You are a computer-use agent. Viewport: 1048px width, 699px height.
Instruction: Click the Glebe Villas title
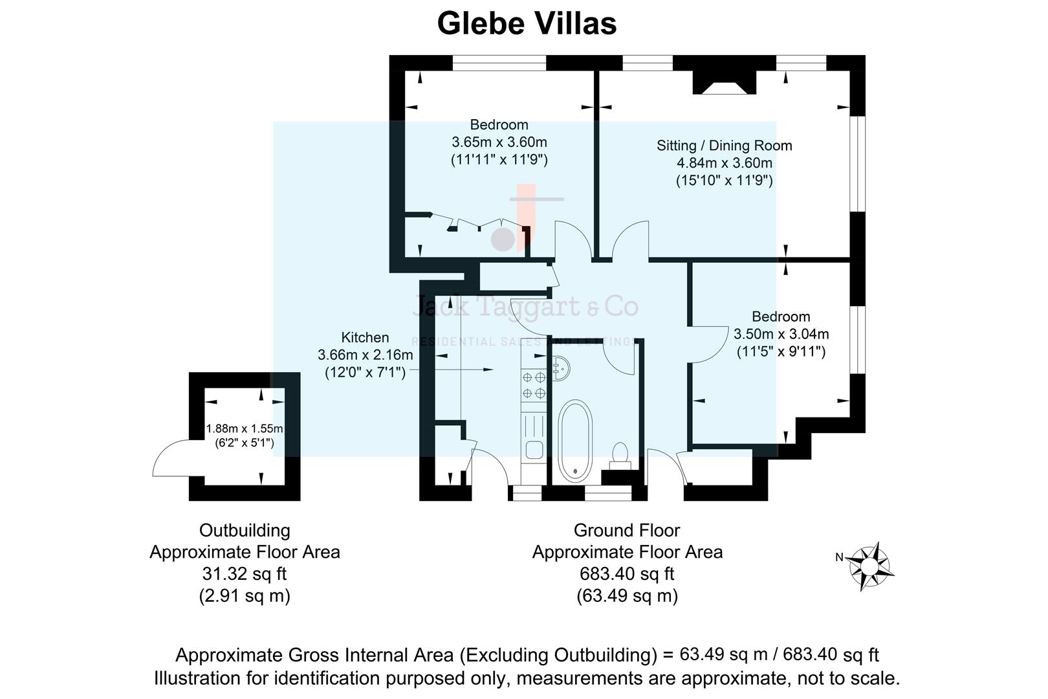(x=527, y=24)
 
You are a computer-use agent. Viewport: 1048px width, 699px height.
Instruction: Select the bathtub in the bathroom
(x=574, y=441)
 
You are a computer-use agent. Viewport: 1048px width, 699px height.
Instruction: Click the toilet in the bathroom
(x=620, y=454)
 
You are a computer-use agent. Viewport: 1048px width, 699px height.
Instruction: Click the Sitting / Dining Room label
(x=724, y=146)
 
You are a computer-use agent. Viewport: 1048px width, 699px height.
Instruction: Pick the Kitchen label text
(x=365, y=337)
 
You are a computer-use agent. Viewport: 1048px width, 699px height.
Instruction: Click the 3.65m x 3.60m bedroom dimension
(x=499, y=142)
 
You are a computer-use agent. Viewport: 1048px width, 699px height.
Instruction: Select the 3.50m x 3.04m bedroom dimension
(x=781, y=334)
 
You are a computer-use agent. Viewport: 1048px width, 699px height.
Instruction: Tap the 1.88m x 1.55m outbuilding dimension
(x=245, y=428)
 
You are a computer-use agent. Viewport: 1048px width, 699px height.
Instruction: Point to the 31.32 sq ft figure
(x=244, y=573)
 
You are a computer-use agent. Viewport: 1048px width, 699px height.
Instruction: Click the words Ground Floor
(x=626, y=530)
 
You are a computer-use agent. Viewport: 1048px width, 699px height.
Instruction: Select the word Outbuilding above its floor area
(x=244, y=530)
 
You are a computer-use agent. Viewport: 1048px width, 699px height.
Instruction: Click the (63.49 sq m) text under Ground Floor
(x=626, y=595)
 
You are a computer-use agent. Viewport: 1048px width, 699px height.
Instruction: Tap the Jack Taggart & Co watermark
(x=525, y=307)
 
